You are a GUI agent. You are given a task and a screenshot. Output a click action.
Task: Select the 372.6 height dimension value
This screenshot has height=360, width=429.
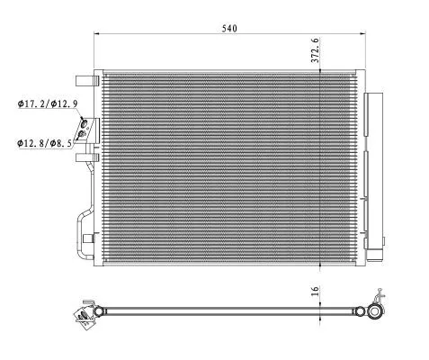click(x=314, y=50)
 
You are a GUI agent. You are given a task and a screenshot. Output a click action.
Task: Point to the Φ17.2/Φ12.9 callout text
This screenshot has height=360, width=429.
click(x=52, y=103)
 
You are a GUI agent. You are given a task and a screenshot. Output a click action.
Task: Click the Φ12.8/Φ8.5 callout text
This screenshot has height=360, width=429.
click(x=50, y=142)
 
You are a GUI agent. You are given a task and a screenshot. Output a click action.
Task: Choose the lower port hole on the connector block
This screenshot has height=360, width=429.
click(x=84, y=135)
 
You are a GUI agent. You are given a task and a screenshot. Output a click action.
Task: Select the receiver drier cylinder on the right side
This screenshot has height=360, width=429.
click(x=373, y=162)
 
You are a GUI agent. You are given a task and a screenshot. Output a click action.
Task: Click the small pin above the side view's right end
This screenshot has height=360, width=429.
click(x=382, y=292)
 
